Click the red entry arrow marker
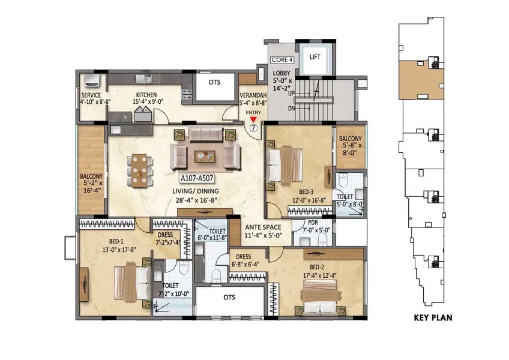(253, 119)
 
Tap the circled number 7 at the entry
(253, 128)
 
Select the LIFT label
(315, 57)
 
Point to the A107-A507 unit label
(197, 178)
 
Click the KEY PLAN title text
(433, 317)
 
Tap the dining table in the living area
(140, 171)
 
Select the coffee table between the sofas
(205, 157)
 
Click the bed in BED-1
(133, 282)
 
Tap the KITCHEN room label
(146, 95)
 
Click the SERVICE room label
(91, 95)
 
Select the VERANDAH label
(253, 95)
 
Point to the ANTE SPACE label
(264, 227)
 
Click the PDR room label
(313, 223)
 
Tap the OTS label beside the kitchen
(214, 82)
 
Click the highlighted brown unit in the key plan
(421, 80)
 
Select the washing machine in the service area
(92, 81)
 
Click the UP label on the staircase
(292, 94)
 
